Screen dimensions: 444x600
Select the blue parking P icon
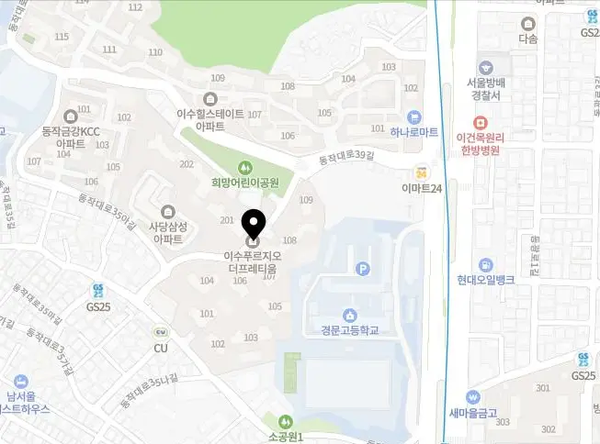tap(363, 269)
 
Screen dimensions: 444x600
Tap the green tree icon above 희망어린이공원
tap(245, 167)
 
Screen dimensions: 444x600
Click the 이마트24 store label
tap(423, 188)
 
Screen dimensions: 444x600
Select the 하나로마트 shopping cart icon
tap(414, 117)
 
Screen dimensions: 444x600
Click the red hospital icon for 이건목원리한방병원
tap(479, 122)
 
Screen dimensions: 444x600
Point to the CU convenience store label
tap(161, 349)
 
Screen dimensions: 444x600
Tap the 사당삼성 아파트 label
tap(166, 232)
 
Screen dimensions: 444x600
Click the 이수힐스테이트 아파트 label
tap(210, 120)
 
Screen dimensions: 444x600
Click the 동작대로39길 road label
tap(342, 159)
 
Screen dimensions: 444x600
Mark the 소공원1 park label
tap(286, 438)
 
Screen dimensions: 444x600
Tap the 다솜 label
tap(527, 39)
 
